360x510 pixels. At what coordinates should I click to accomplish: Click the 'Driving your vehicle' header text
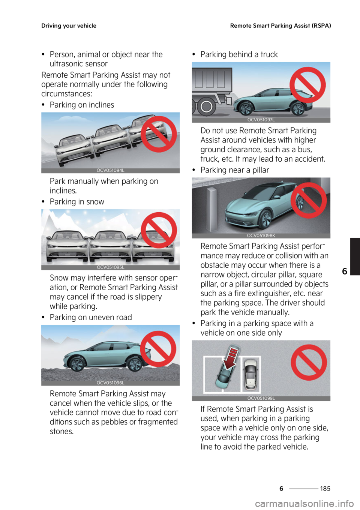pyautogui.click(x=69, y=26)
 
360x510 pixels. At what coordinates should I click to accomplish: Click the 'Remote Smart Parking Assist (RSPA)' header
pyautogui.click(x=280, y=26)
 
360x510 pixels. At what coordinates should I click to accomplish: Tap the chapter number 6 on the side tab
pyautogui.click(x=345, y=271)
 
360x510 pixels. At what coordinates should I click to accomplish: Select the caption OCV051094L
pyautogui.click(x=110, y=171)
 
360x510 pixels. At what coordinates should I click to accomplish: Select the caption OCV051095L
pyautogui.click(x=110, y=267)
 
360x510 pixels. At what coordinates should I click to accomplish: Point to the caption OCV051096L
pyautogui.click(x=110, y=383)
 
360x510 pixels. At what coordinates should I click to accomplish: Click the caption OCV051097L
pyautogui.click(x=261, y=120)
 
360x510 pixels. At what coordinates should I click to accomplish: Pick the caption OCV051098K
pyautogui.click(x=261, y=236)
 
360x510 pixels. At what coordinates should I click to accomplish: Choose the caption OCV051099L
pyautogui.click(x=261, y=398)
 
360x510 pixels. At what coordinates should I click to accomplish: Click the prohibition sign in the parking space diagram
pyautogui.click(x=309, y=363)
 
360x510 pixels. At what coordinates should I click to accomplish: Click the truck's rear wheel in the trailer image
pyautogui.click(x=206, y=107)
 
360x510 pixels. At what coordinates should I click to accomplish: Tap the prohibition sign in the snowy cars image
pyautogui.click(x=159, y=230)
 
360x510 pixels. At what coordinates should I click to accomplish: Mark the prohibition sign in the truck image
pyautogui.click(x=307, y=85)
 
